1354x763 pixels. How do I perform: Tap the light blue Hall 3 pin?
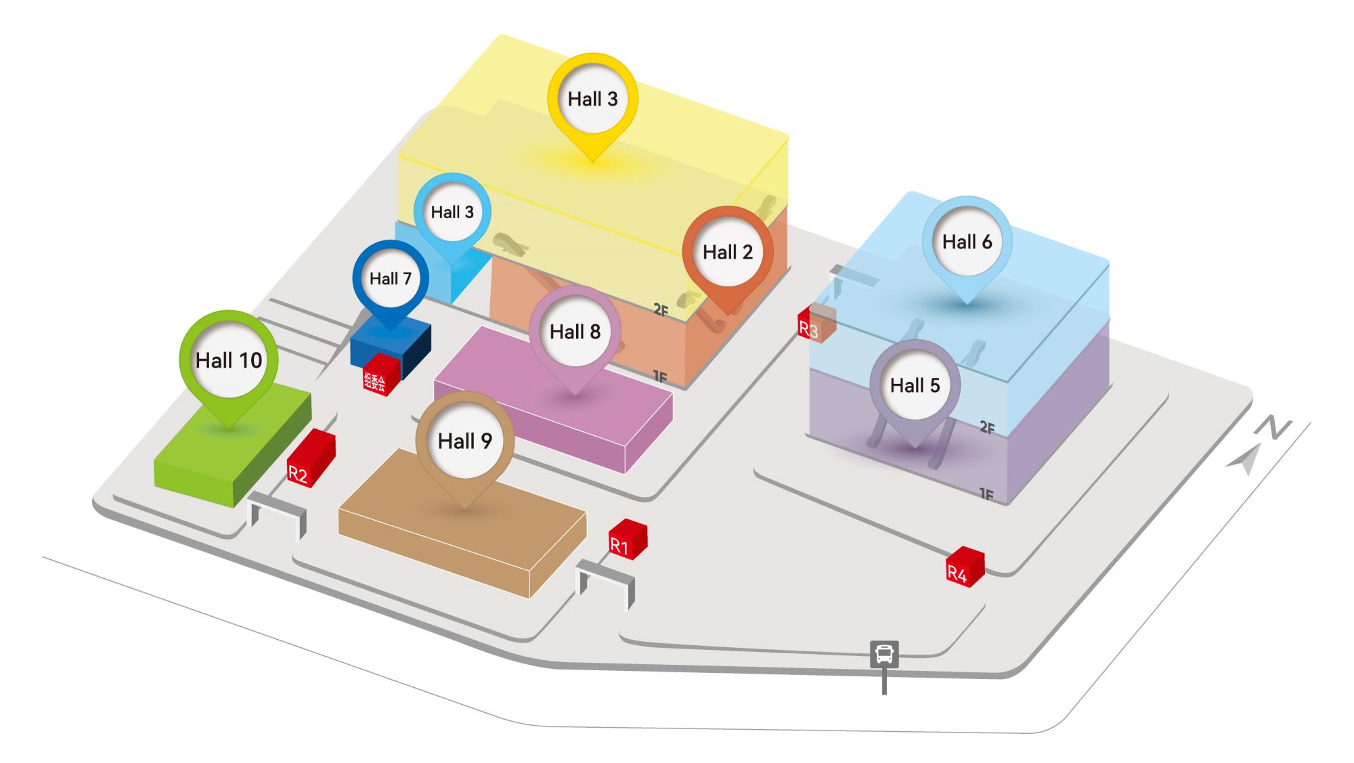click(452, 213)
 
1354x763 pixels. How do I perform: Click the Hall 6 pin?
click(967, 242)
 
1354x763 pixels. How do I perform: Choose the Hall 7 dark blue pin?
click(391, 279)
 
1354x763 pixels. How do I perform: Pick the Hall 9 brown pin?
click(464, 441)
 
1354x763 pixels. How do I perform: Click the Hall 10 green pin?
click(229, 360)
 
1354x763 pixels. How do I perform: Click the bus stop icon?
click(884, 655)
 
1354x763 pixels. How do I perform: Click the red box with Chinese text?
click(380, 374)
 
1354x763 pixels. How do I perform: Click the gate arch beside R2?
click(278, 515)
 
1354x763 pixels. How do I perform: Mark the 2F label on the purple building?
click(987, 428)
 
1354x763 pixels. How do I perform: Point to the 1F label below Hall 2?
click(660, 377)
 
